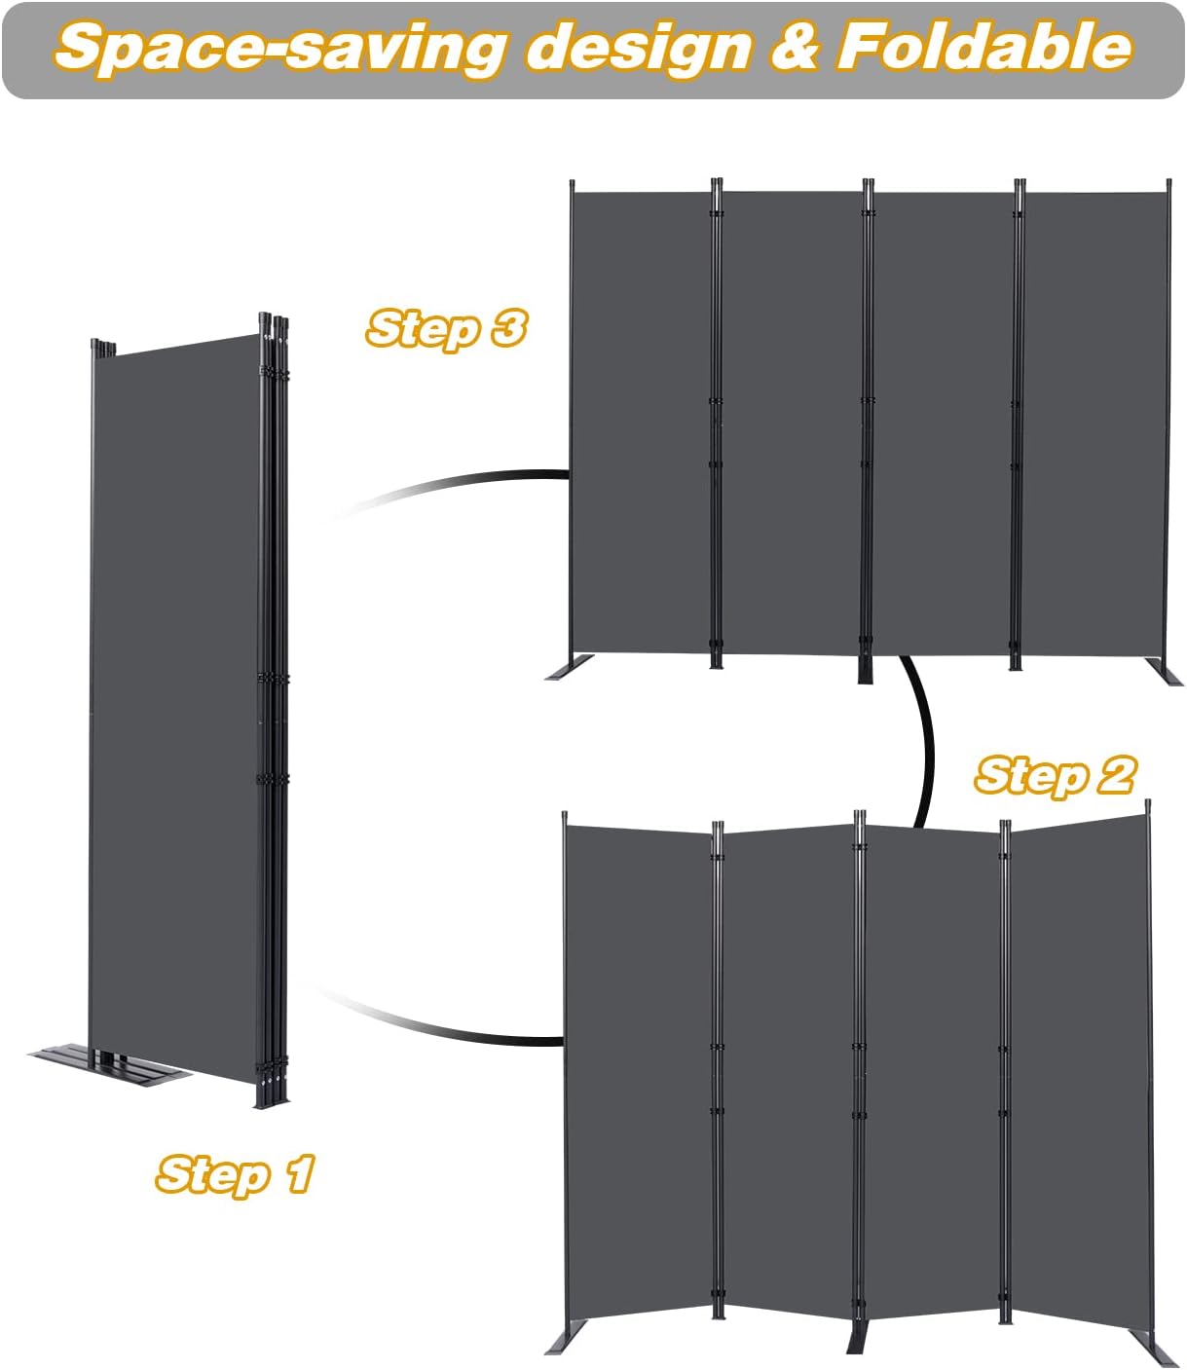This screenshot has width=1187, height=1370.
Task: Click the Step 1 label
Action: coord(235,1173)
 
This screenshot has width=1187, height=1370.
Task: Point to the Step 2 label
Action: coord(1055,775)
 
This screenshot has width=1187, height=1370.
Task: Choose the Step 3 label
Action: coord(446,328)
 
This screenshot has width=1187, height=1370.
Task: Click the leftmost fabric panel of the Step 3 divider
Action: coord(640,419)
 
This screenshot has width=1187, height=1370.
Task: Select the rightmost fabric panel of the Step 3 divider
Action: coord(1094,419)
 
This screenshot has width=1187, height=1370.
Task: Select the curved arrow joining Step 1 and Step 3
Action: coord(438,487)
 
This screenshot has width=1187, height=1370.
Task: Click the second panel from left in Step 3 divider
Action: coord(791,419)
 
